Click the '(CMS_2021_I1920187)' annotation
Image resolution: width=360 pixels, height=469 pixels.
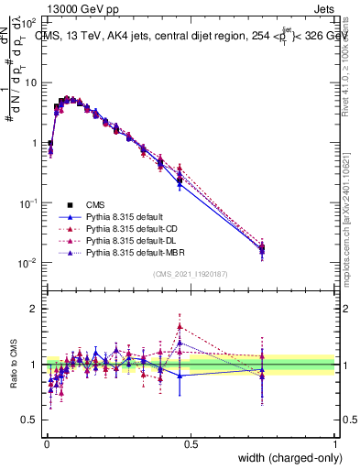tap(191, 274)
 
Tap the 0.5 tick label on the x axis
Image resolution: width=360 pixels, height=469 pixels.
tap(191, 443)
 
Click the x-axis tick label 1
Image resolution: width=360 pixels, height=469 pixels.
tap(335, 443)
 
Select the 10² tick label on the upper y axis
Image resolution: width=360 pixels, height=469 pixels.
tap(27, 22)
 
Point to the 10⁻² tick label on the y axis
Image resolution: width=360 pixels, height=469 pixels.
tap(27, 264)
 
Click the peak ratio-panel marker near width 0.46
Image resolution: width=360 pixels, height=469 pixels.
tap(180, 326)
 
